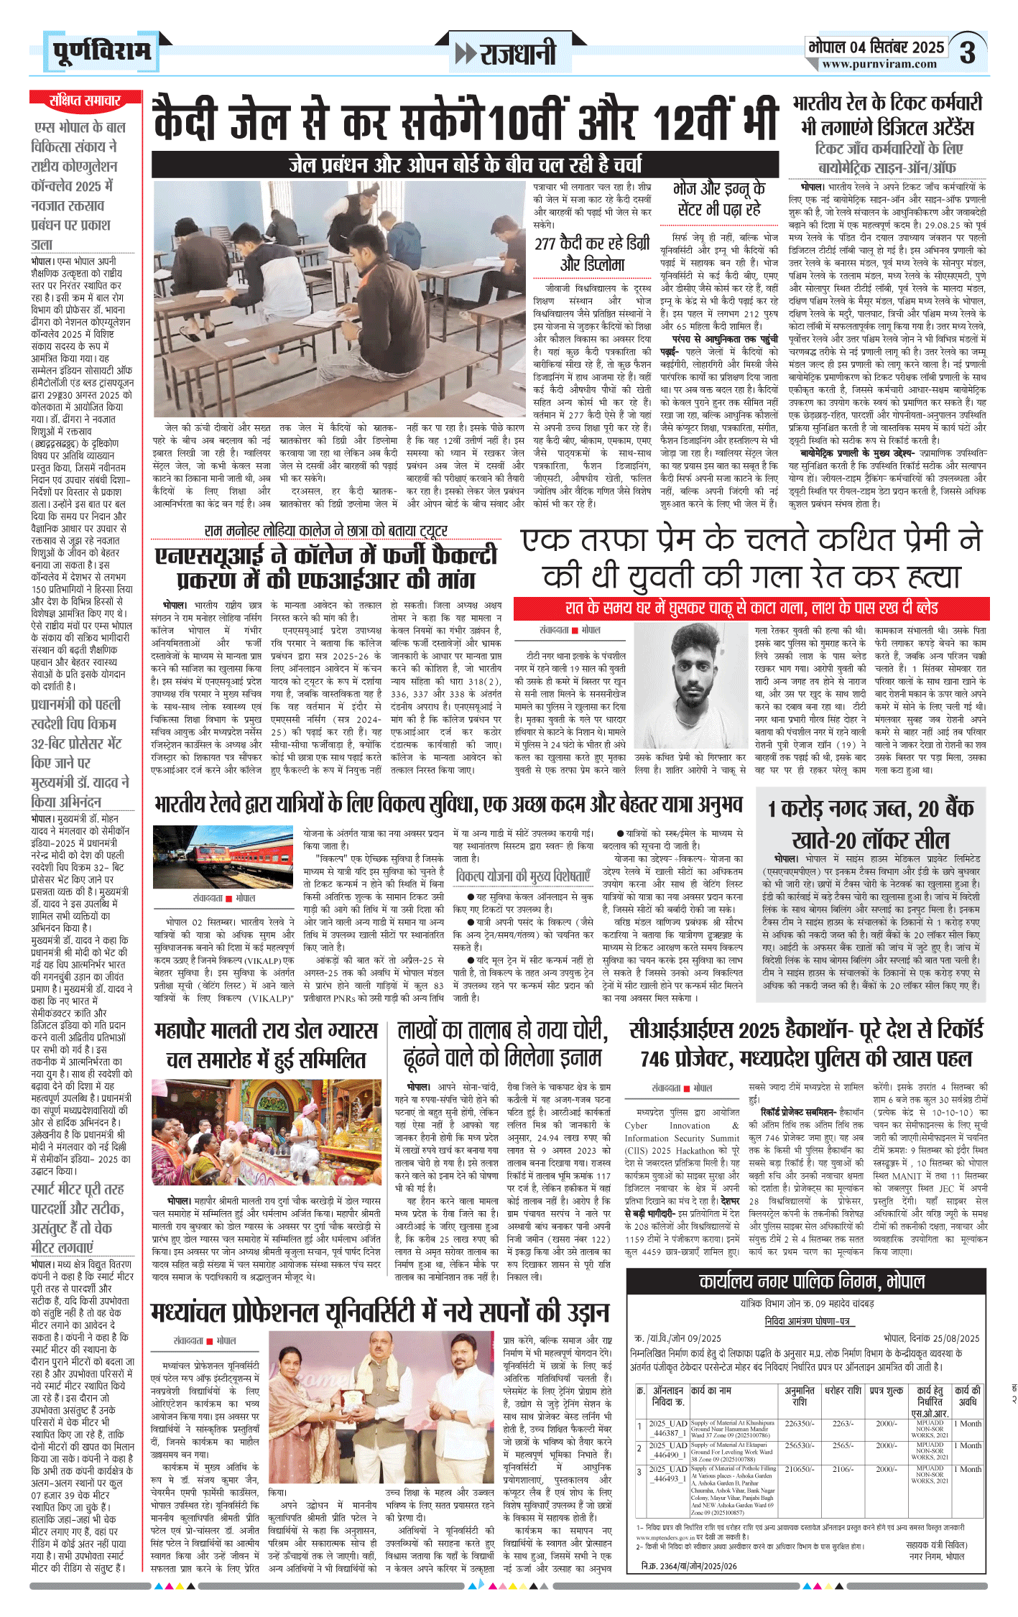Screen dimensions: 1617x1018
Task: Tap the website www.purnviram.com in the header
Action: click(879, 64)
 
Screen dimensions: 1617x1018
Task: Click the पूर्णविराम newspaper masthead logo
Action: click(101, 52)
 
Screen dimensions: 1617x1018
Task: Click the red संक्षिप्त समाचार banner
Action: click(84, 100)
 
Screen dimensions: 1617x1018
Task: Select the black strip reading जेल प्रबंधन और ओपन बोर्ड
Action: click(465, 165)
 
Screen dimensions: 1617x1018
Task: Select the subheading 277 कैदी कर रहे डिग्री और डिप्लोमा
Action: click(592, 254)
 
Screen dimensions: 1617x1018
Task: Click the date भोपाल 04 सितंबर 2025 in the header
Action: click(876, 47)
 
